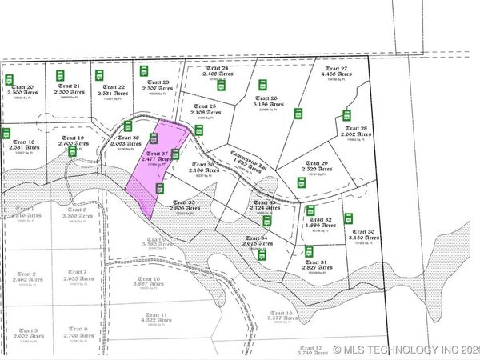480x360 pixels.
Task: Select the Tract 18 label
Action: point(25,143)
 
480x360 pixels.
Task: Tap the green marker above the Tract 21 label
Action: point(61,75)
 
